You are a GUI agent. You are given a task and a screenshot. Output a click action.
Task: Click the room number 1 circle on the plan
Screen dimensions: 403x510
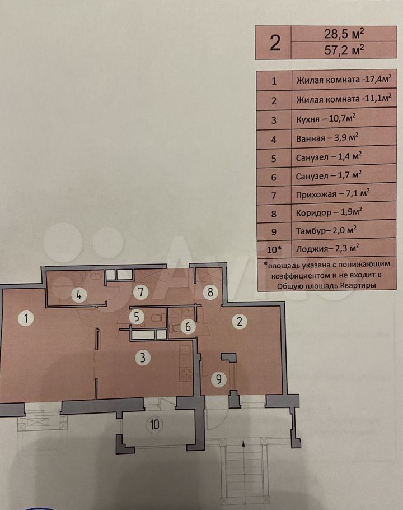coord(26,318)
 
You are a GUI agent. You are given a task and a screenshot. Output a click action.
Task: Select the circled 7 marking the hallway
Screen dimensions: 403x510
coord(140,292)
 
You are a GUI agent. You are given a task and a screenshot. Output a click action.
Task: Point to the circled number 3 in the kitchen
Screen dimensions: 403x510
coord(143,358)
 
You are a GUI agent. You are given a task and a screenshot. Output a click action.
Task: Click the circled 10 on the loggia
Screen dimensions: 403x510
coord(154,424)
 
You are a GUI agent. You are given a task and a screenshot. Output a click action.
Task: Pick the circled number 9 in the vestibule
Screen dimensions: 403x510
coord(218,379)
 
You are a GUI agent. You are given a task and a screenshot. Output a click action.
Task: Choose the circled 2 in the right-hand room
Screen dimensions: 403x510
coord(240,321)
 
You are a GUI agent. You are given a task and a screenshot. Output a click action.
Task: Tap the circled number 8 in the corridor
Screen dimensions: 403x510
coord(210,292)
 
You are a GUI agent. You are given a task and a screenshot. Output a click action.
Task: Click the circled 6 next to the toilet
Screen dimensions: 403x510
coord(188,326)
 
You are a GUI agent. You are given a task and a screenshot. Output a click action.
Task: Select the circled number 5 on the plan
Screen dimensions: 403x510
coord(137,317)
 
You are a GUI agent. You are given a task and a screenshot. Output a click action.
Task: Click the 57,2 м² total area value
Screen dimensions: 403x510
coord(344,50)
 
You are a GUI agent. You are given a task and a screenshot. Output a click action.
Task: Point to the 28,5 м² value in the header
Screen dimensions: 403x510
coord(344,34)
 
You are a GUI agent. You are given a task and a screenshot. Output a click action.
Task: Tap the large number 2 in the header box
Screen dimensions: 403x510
coord(275,43)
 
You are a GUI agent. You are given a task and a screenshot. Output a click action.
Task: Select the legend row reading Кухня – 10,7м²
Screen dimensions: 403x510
coord(326,119)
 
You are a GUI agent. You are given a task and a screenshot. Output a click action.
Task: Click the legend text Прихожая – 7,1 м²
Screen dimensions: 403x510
coord(333,194)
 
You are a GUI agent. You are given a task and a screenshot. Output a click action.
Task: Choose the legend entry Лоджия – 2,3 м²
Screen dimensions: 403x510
coord(327,249)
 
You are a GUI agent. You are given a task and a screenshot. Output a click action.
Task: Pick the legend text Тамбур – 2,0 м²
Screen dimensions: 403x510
coord(326,230)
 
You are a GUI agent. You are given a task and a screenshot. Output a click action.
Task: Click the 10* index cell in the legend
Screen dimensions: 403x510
coord(274,249)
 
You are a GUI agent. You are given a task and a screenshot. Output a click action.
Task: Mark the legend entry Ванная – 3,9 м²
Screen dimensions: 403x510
coord(327,138)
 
